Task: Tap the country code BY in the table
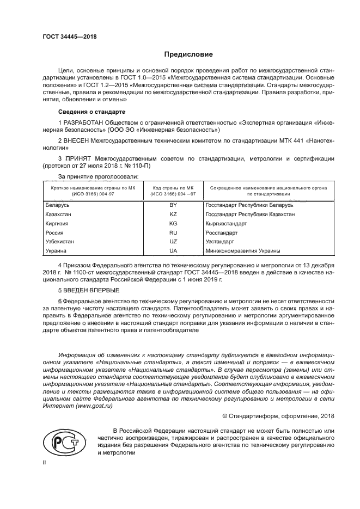pyautogui.click(x=173, y=205)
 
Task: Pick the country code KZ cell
pyautogui.click(x=173, y=214)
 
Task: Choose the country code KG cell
pyautogui.click(x=173, y=224)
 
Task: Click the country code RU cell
pyautogui.click(x=173, y=233)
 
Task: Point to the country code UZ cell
pyautogui.click(x=173, y=242)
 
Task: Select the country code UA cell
pyautogui.click(x=173, y=251)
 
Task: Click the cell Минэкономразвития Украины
pyautogui.click(x=243, y=251)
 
